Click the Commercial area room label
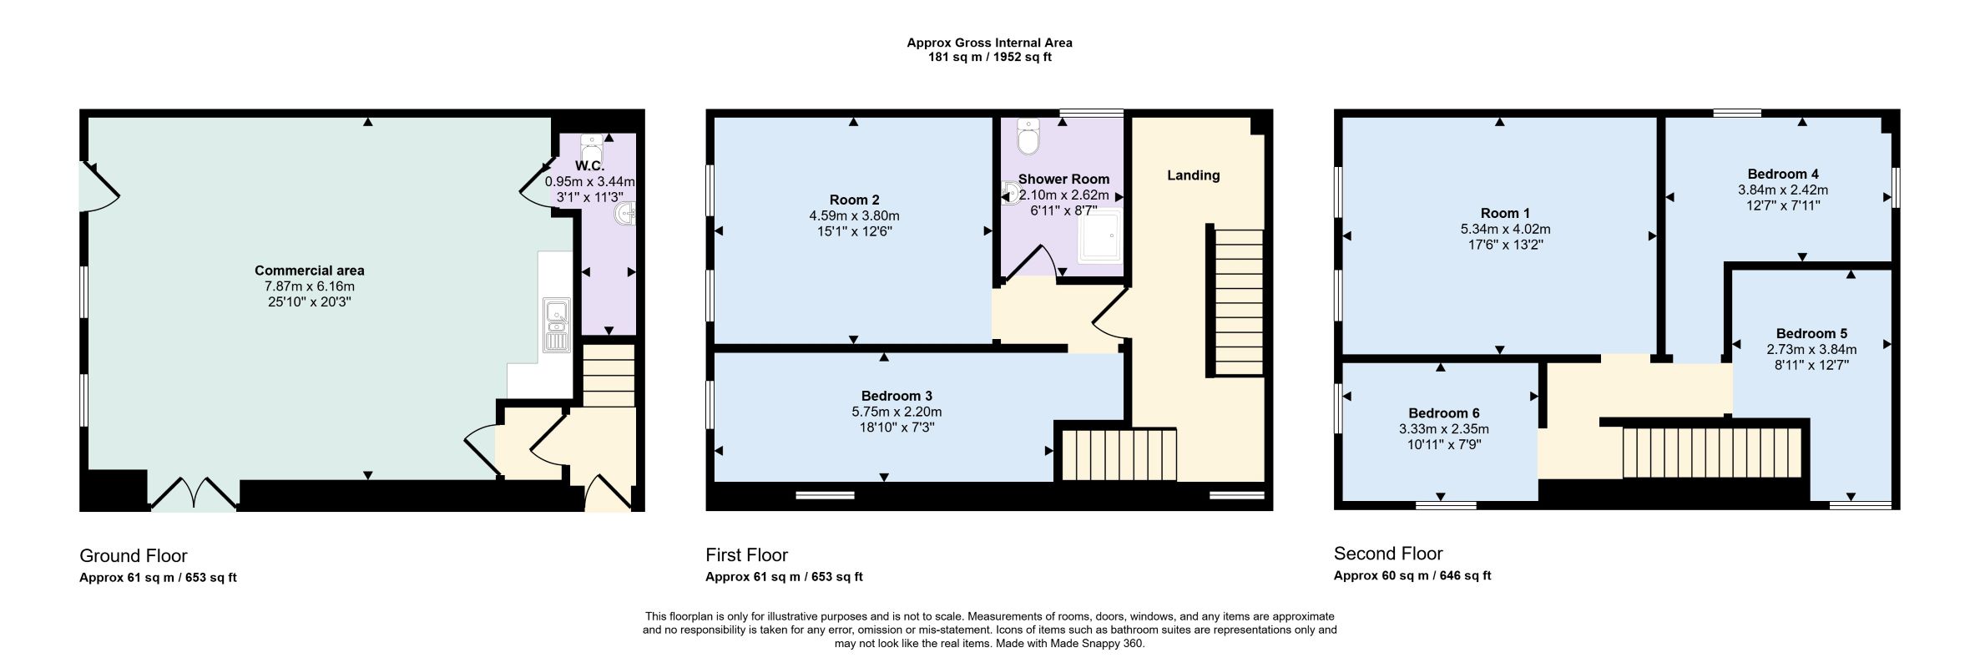(309, 271)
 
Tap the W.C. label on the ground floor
(589, 166)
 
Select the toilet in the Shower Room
(1028, 137)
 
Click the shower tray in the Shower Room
(1100, 240)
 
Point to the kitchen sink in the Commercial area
(556, 325)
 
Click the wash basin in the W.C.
(625, 215)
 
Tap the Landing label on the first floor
(1193, 175)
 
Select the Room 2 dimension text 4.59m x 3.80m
(854, 215)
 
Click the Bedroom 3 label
(897, 396)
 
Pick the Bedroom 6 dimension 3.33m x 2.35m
(1444, 429)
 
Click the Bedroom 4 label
(1783, 174)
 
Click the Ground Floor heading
(134, 556)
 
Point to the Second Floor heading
(1388, 554)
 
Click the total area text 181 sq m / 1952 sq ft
(990, 58)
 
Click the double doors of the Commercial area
(194, 493)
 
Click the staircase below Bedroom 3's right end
(1119, 455)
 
